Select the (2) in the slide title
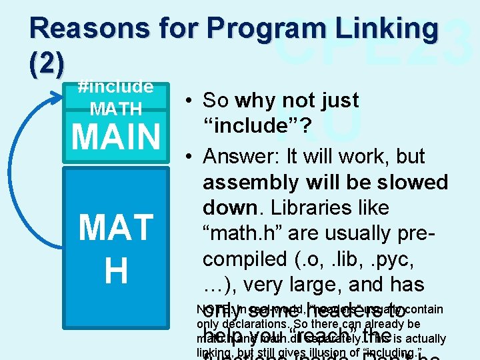[47, 63]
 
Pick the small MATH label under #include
[116, 108]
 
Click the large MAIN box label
[116, 136]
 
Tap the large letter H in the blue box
[116, 271]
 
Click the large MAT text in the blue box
[116, 228]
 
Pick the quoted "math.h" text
[241, 233]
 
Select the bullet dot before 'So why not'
[190, 101]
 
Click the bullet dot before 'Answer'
[190, 157]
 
